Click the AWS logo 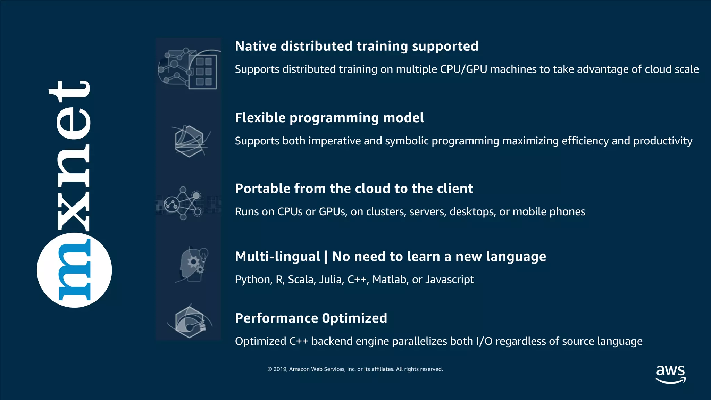(x=670, y=374)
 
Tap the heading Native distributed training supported (x=357, y=46)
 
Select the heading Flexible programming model (x=329, y=118)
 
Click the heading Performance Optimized (x=311, y=318)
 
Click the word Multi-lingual (x=277, y=257)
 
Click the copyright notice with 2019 (x=355, y=369)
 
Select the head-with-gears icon (x=192, y=265)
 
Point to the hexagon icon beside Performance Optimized (x=190, y=322)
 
